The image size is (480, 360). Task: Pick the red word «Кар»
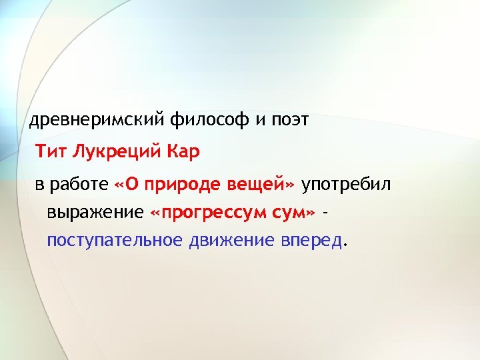pyautogui.click(x=181, y=152)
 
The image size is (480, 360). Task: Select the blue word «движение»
pyautogui.click(x=228, y=240)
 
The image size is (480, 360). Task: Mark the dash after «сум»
pyautogui.click(x=325, y=213)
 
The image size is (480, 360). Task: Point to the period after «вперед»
pyautogui.click(x=344, y=245)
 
